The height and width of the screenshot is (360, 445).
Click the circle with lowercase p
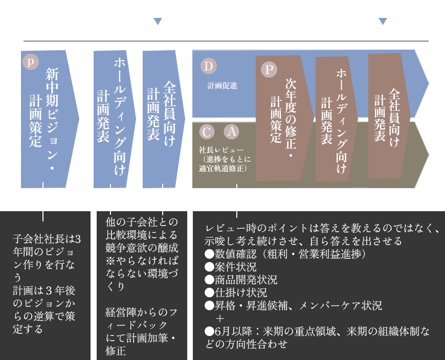pos(31,61)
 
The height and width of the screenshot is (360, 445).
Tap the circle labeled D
pos(208,66)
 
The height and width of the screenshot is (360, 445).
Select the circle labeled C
pos(207,131)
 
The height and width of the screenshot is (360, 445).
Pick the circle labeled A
pos(232,131)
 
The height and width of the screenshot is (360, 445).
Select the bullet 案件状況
pos(231,267)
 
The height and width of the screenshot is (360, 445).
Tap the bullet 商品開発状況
pos(241,280)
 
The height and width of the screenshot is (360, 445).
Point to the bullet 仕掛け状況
pos(236,292)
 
